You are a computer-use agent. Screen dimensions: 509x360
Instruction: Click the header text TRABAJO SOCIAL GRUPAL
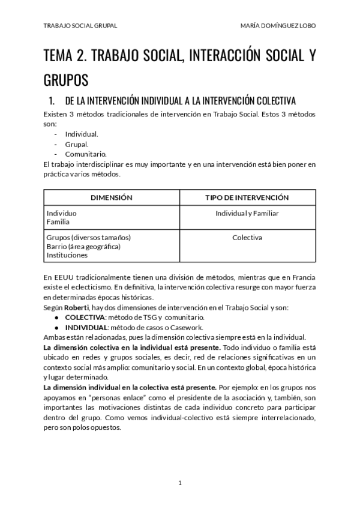(x=80, y=26)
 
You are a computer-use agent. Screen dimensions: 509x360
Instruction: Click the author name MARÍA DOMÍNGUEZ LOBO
(x=277, y=26)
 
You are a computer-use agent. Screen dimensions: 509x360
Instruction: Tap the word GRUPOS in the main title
(x=66, y=79)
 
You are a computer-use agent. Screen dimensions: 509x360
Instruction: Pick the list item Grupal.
(x=77, y=144)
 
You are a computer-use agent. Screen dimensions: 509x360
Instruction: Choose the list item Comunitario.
(x=86, y=154)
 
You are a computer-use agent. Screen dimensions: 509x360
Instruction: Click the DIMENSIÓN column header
(x=112, y=197)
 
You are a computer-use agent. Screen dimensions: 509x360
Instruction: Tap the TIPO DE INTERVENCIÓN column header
(x=247, y=197)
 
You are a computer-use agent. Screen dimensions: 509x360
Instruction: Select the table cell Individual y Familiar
(x=247, y=213)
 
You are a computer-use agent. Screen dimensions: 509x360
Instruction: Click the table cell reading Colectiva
(x=247, y=238)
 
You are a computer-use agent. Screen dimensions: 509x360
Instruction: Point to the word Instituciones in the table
(x=67, y=255)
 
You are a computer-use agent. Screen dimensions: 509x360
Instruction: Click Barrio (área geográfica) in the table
(x=83, y=246)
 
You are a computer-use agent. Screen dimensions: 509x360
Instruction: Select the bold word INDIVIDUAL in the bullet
(x=86, y=327)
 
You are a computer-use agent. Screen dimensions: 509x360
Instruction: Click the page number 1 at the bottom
(x=179, y=483)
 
